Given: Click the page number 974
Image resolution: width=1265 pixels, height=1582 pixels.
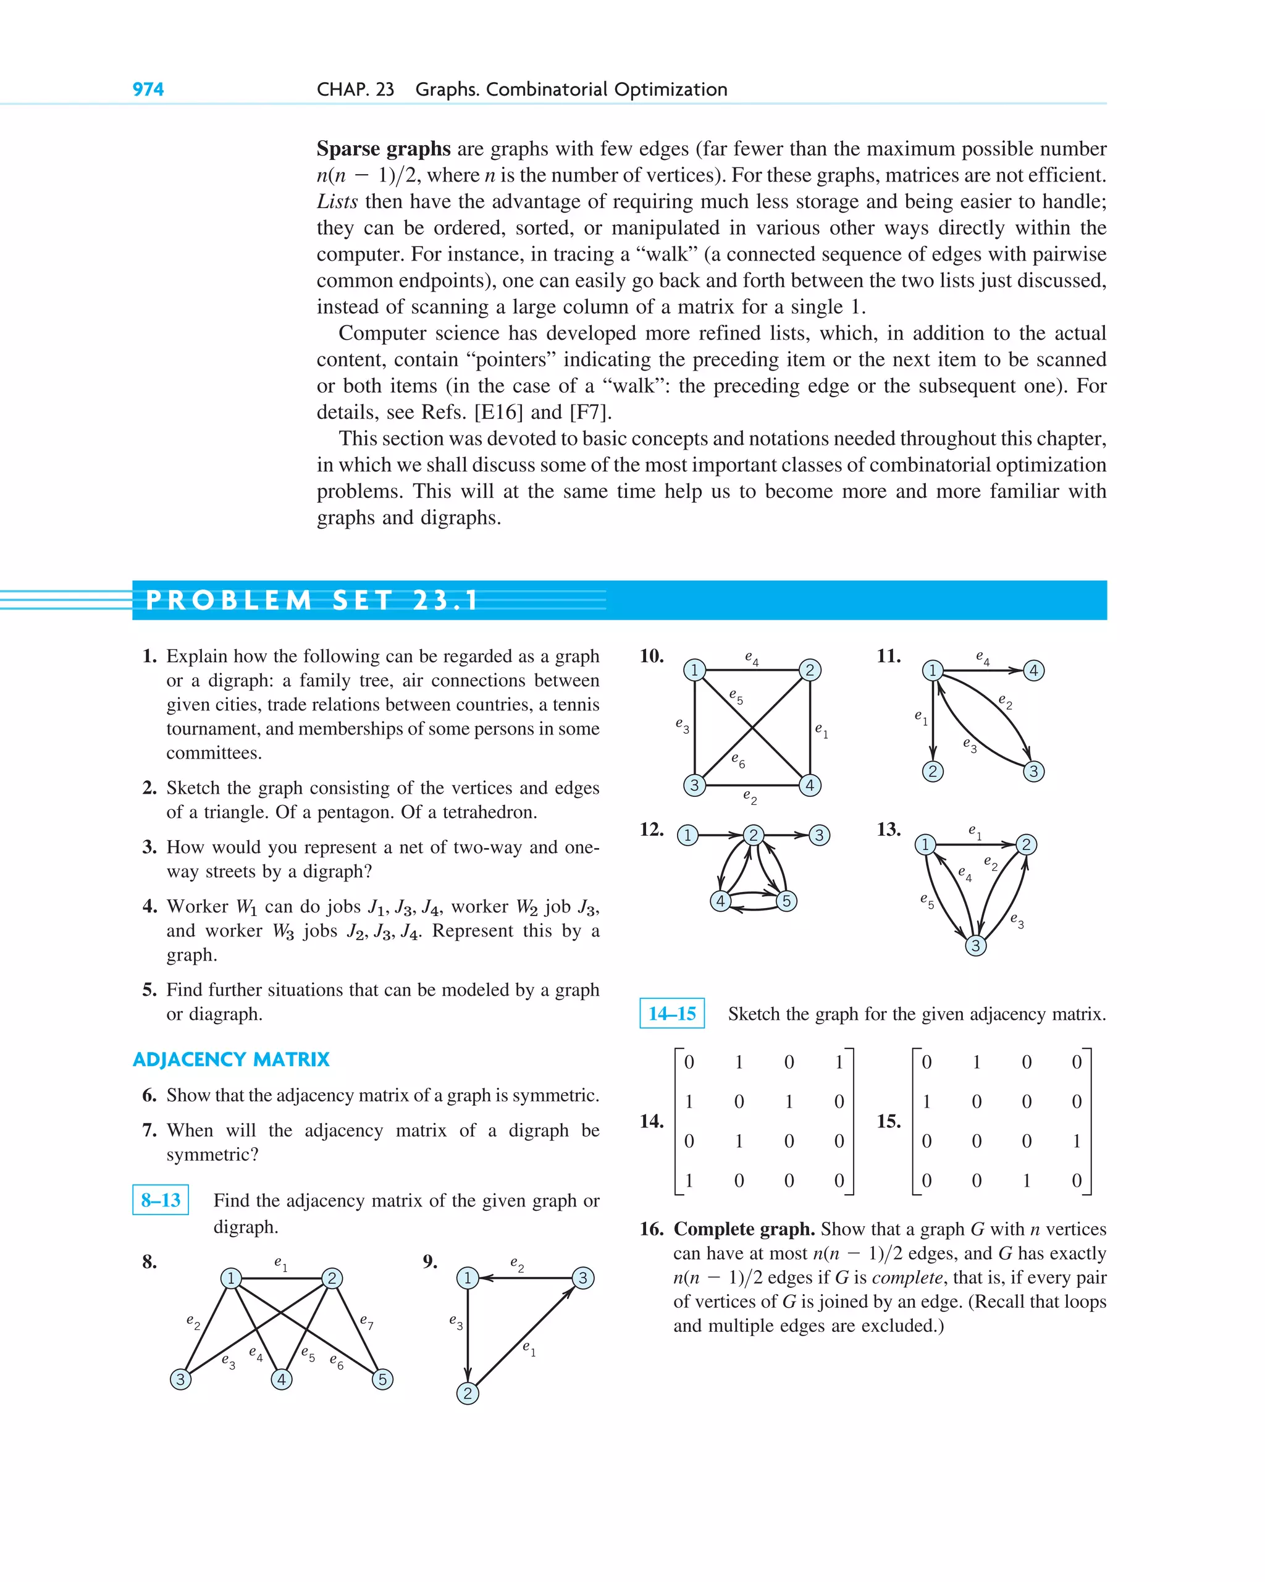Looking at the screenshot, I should [x=148, y=90].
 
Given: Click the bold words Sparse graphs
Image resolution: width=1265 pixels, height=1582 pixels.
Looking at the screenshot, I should [x=383, y=149].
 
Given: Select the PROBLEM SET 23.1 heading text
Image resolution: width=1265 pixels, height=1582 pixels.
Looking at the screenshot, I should [x=312, y=600].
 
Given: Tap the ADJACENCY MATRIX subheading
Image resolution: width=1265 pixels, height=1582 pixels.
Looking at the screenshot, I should [x=231, y=1059].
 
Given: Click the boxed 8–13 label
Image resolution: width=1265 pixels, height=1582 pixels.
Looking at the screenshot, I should [x=161, y=1200].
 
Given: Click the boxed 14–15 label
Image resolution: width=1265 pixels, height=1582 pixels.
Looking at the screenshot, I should [x=671, y=1013].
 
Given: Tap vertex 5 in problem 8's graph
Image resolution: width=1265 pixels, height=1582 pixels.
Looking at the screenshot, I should [x=382, y=1379].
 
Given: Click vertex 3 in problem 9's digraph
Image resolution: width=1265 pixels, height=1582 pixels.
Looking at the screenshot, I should [x=582, y=1277].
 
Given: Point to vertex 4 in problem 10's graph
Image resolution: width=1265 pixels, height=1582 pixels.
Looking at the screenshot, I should [x=809, y=785].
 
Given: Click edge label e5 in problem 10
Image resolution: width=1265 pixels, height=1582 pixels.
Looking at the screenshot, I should [x=736, y=696].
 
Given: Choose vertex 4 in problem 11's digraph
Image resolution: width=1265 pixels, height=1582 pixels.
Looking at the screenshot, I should [x=1033, y=670].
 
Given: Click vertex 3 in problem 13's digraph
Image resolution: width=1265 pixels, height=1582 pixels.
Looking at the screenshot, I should [x=975, y=945].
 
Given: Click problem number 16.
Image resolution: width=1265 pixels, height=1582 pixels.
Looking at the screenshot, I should [x=652, y=1229].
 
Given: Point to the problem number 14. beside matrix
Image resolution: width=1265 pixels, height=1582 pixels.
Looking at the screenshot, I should [x=652, y=1121].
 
